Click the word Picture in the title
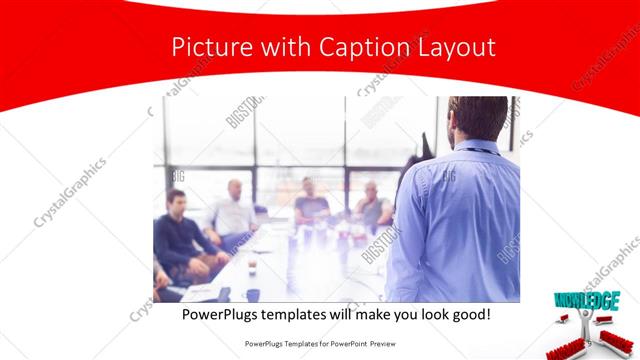[204, 47]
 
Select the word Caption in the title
[357, 47]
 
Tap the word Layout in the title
[455, 47]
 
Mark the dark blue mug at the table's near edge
[254, 295]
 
